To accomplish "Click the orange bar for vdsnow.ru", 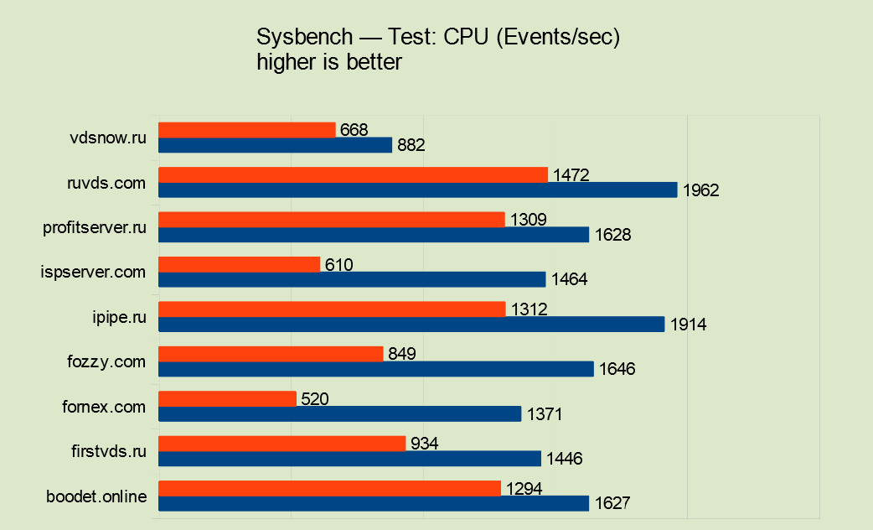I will pos(247,130).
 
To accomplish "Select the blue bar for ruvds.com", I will pos(417,190).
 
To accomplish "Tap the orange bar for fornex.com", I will pos(227,398).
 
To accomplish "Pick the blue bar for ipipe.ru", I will pos(411,324).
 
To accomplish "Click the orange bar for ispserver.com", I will pos(239,264).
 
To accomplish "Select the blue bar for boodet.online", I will pos(374,503).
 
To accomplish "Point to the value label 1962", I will pos(701,190).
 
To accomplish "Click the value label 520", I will pos(315,399).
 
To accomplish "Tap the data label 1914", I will pos(689,325).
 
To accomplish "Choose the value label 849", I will pos(402,354).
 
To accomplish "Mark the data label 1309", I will pos(528,220).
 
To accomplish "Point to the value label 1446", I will pos(564,459).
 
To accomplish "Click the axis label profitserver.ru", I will pos(95,227).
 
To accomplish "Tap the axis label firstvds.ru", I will pos(109,451).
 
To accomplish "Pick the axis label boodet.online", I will pos(97,496).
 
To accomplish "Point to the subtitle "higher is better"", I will pos(329,62).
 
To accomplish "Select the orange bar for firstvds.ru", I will pos(282,443).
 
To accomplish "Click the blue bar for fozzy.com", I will pos(376,369).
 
